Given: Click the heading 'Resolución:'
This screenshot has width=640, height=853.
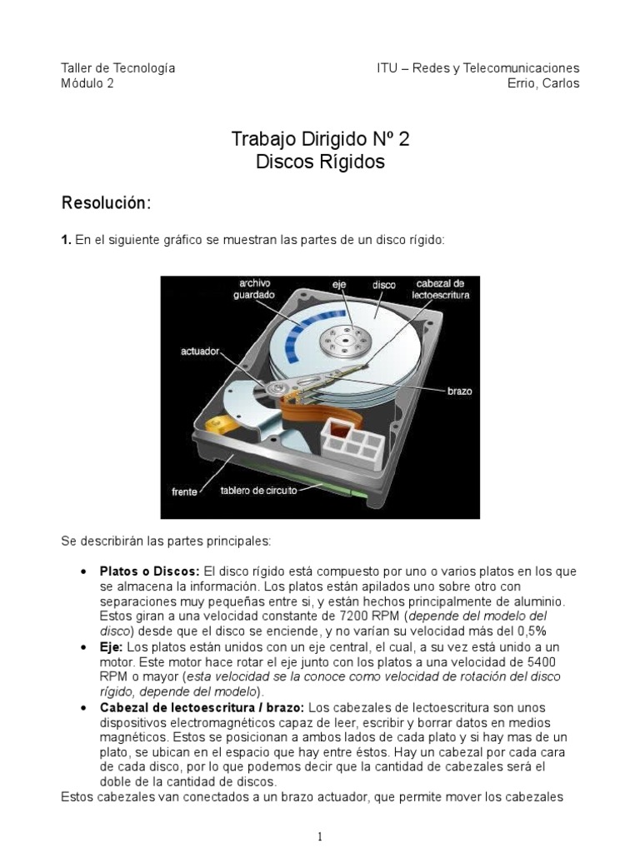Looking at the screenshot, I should click(106, 202).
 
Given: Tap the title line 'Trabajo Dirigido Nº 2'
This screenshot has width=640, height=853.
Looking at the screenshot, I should click(320, 139).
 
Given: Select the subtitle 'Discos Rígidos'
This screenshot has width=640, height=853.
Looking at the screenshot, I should click(320, 162).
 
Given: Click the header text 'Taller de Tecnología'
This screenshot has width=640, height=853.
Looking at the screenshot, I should click(118, 67).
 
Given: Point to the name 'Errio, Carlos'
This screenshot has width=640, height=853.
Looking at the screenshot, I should click(542, 83).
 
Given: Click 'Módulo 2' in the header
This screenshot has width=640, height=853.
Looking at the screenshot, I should click(87, 83).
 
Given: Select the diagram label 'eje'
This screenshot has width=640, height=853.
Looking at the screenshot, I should click(339, 285).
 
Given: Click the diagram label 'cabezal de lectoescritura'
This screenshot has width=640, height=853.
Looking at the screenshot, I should click(441, 289).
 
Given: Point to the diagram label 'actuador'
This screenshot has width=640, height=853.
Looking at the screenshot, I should click(200, 352).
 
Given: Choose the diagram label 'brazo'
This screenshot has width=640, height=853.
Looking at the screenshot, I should click(459, 390).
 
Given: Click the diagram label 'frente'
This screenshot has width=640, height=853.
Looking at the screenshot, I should click(185, 491).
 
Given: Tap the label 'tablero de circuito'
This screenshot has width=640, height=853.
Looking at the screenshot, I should click(258, 491).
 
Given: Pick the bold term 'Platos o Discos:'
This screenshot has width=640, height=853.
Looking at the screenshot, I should click(149, 571).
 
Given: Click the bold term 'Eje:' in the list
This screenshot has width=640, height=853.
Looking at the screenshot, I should click(111, 646).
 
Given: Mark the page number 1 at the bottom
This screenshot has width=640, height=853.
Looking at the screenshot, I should click(320, 837).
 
